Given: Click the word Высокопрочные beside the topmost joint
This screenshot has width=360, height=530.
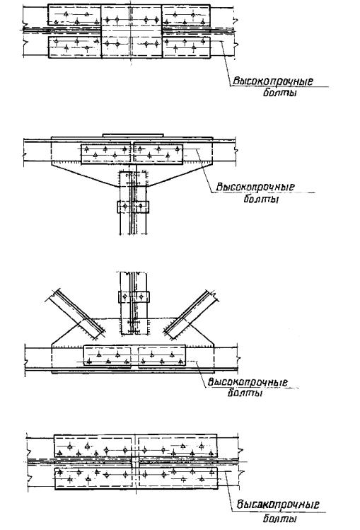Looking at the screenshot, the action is click(x=272, y=81).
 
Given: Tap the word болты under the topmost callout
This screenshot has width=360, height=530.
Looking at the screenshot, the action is click(x=279, y=93).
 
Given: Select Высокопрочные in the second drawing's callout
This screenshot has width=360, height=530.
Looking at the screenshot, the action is click(x=255, y=187).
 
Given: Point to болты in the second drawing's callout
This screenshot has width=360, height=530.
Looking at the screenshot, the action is click(x=261, y=198).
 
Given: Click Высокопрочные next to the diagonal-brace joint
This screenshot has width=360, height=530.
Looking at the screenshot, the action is click(x=248, y=382).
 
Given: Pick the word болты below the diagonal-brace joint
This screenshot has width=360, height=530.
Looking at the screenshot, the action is click(x=245, y=393).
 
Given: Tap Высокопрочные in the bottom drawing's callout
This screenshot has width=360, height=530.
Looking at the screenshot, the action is click(x=277, y=505).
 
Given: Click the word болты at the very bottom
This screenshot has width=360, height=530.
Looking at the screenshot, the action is click(x=279, y=518).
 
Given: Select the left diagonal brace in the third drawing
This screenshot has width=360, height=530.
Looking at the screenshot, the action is click(x=75, y=313).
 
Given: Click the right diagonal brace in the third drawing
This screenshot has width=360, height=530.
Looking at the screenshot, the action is click(x=191, y=314).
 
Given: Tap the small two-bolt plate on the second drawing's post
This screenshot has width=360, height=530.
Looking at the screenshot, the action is click(x=133, y=207).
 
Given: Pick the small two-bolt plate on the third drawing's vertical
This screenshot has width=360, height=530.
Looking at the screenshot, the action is click(x=134, y=296).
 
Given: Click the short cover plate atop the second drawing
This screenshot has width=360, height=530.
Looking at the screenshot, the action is click(x=133, y=135).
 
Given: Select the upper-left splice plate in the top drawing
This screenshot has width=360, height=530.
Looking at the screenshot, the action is click(x=74, y=15).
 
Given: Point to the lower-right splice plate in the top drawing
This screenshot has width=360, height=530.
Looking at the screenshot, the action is click(x=187, y=47).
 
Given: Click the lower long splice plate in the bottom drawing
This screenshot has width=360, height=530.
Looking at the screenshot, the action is click(x=136, y=478).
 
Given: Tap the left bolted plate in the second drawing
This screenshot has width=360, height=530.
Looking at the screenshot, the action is click(x=106, y=154).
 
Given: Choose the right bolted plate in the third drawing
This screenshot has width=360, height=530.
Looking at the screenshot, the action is click(x=162, y=356).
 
